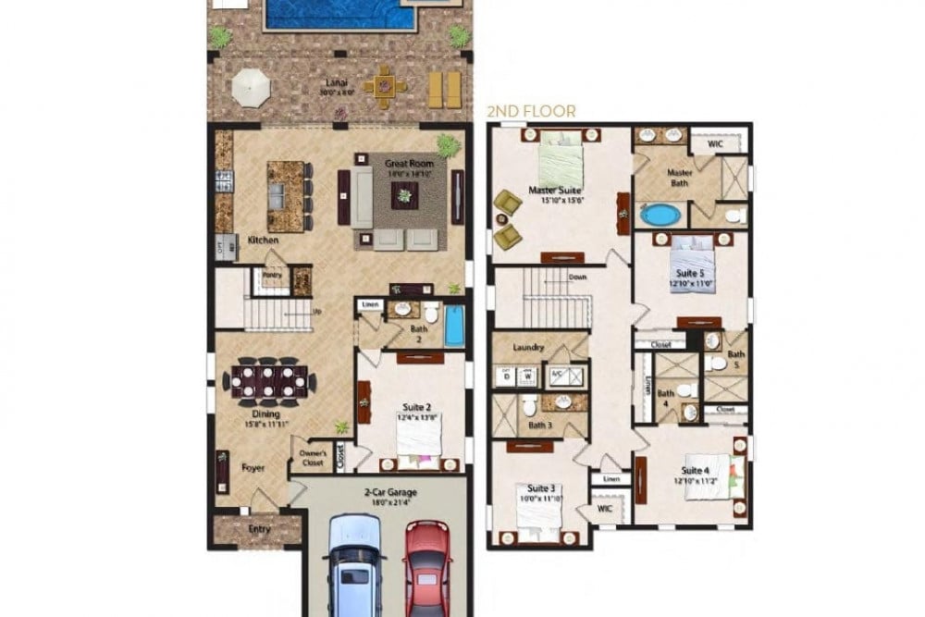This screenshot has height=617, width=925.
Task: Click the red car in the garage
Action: [x=426, y=567]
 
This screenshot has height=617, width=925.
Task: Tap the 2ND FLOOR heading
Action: [x=531, y=111]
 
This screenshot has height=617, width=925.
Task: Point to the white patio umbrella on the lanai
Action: [x=251, y=90]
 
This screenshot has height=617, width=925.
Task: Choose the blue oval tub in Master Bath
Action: [x=659, y=215]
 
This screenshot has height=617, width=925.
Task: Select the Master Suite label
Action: [x=555, y=191]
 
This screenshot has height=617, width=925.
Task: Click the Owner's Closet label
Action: [x=311, y=457]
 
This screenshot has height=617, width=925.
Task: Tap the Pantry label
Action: [x=272, y=275]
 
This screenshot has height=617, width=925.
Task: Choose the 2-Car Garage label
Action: [x=381, y=495]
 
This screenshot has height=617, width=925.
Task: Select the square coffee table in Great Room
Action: [x=403, y=194]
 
